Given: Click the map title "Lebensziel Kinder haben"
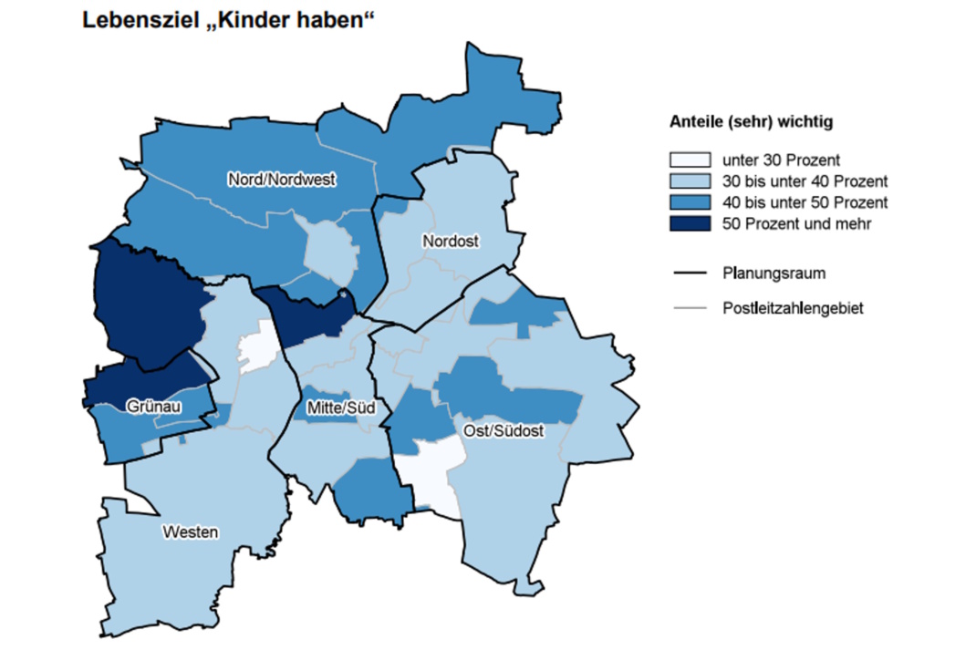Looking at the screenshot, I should (229, 20).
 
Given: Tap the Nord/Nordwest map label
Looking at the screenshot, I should (282, 181).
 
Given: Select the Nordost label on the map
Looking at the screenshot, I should (450, 241).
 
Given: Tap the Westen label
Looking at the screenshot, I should (191, 531).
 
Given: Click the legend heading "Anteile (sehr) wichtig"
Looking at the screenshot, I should (751, 120).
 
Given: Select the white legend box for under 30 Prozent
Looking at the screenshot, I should (690, 160).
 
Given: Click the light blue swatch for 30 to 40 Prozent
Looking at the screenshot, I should (690, 181).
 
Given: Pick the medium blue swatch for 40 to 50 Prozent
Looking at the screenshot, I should (690, 201).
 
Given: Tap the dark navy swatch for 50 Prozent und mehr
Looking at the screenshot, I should (690, 222).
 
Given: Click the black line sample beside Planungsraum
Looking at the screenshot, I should (690, 273).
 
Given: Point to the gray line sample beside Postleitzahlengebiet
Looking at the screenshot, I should (690, 308).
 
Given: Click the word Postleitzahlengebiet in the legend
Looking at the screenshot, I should (792, 308).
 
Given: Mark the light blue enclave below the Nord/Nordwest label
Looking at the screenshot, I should (328, 252).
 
